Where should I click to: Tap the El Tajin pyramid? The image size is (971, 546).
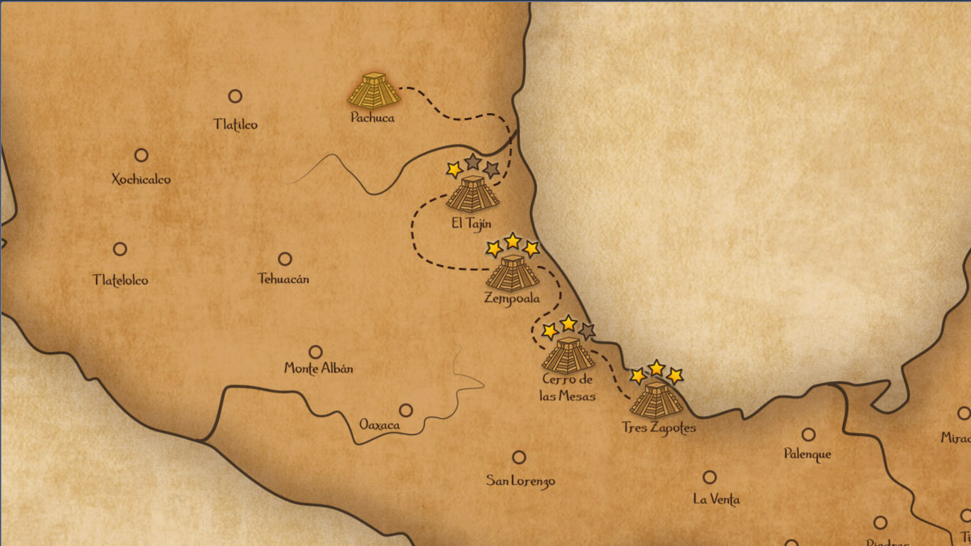(x=472, y=193)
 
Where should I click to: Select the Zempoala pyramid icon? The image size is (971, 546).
(x=512, y=272)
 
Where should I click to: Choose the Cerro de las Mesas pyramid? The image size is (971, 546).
(x=568, y=355)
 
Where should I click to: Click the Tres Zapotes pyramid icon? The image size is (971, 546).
(x=656, y=399)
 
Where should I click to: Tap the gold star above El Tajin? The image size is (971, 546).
(x=454, y=169)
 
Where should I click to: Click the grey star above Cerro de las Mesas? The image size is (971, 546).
(x=587, y=331)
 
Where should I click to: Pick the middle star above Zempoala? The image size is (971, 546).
(x=512, y=240)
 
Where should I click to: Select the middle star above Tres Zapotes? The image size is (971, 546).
(x=657, y=368)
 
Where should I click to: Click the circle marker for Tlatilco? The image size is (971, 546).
(x=235, y=96)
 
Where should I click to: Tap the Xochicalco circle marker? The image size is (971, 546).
(x=142, y=155)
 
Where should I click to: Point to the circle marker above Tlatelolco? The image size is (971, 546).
(x=120, y=249)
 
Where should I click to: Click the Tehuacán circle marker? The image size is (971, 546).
(x=285, y=259)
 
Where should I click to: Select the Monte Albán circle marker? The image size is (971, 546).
(x=315, y=352)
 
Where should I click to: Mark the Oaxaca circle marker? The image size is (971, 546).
(x=405, y=410)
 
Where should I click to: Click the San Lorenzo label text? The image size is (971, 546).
(x=520, y=481)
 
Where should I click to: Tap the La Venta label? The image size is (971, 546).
(x=716, y=499)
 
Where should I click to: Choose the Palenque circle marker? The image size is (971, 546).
(x=808, y=434)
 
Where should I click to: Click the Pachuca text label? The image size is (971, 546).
(x=372, y=118)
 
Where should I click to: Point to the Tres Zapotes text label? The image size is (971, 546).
(x=659, y=428)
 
